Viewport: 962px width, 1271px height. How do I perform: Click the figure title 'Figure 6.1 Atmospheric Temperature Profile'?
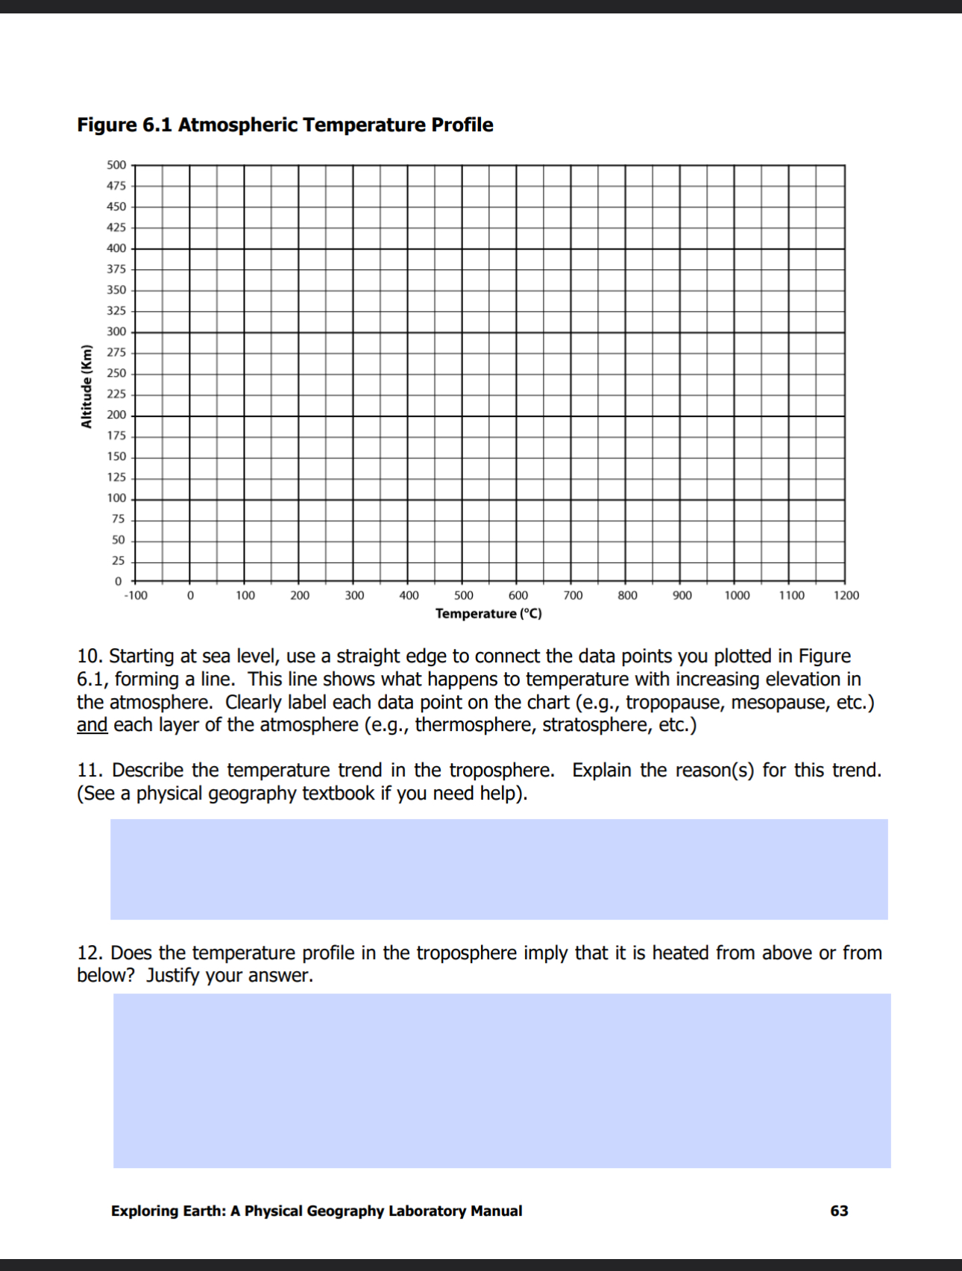285,125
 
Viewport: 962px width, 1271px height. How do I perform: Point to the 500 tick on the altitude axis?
116,165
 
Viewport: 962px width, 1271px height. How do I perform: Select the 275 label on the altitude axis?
116,352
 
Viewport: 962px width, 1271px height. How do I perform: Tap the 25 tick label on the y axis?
118,561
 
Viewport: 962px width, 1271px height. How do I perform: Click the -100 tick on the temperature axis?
136,595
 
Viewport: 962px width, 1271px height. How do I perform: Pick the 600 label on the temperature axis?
518,595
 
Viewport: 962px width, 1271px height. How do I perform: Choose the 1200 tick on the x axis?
846,595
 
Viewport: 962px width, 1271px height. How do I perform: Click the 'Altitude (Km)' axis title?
87,386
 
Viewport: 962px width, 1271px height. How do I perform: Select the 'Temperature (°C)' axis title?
488,614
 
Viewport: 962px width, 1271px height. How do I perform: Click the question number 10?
89,656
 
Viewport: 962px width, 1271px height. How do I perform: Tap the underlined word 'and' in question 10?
92,725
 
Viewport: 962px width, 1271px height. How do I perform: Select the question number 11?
89,771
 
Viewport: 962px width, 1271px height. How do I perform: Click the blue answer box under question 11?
499,869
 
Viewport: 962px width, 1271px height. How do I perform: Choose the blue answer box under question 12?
501,1080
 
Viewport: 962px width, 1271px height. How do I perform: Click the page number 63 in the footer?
839,1211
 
